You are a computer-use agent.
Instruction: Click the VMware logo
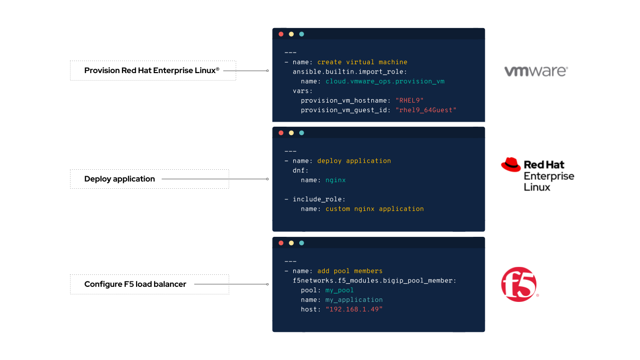pos(535,71)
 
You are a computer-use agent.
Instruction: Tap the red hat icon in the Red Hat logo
pos(511,165)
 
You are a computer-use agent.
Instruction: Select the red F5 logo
pos(518,284)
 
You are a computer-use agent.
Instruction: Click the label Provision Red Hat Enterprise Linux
pos(152,71)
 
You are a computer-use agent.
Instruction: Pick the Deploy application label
pos(120,179)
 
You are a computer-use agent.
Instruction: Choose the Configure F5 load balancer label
pos(135,284)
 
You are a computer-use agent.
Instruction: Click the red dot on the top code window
pos(281,34)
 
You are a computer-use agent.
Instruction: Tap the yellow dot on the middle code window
pos(291,133)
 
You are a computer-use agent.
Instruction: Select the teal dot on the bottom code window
pos(301,243)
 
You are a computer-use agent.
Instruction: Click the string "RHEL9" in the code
pos(409,100)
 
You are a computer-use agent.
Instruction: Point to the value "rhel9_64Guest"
pos(426,110)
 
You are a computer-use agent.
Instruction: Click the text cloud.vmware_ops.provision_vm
pos(385,81)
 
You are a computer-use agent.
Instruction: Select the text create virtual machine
pos(362,62)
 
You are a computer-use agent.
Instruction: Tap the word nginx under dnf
pos(335,180)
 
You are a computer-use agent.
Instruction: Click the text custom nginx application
pos(374,209)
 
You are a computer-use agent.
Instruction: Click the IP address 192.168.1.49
pos(354,309)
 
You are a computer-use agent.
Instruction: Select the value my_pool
pos(339,290)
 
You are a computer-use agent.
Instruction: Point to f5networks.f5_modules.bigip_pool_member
pos(374,280)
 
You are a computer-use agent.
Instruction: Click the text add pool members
pos(350,271)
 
